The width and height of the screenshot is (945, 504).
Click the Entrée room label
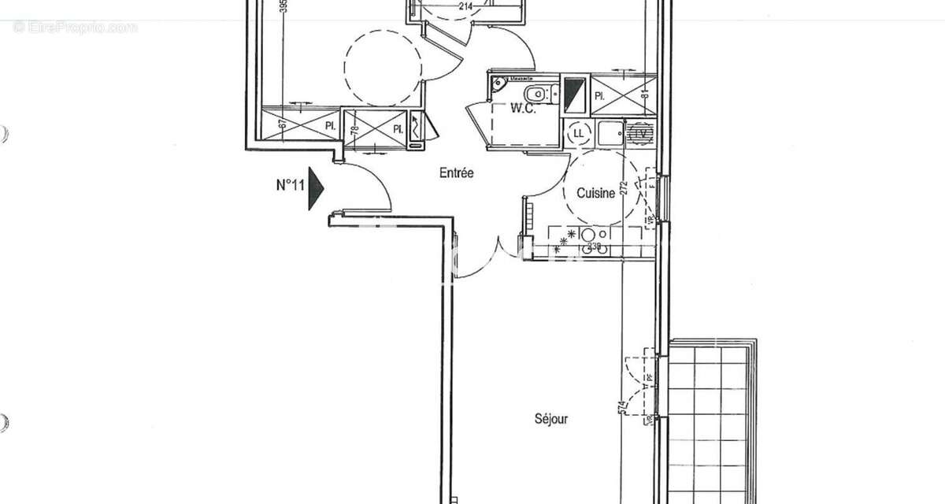(x=457, y=173)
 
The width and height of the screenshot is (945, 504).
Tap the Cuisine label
(x=595, y=193)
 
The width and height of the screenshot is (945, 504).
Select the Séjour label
(x=550, y=419)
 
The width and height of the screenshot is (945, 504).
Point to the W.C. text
(x=524, y=109)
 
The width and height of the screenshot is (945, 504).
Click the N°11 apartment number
(x=290, y=186)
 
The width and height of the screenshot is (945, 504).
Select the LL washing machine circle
(x=580, y=132)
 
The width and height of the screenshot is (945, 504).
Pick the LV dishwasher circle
(x=642, y=133)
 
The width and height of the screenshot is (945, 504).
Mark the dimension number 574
(x=623, y=408)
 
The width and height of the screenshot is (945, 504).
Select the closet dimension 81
(x=644, y=94)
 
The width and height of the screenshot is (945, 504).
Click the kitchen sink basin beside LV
(x=609, y=133)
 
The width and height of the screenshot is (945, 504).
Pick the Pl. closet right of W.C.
(x=622, y=94)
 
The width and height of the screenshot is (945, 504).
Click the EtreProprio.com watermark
(x=76, y=28)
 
